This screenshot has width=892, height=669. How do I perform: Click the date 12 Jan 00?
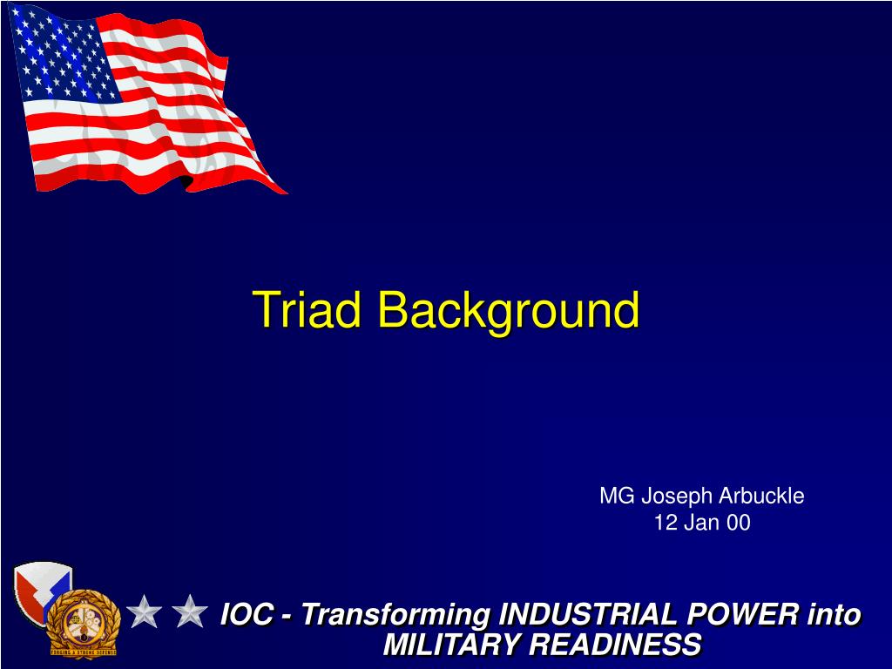coord(701,523)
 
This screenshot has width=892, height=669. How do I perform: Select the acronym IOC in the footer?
coord(247,615)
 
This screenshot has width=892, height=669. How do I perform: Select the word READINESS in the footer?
coord(615,645)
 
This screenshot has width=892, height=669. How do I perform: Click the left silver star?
coord(144,612)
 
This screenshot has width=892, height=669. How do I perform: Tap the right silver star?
coord(189,612)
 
